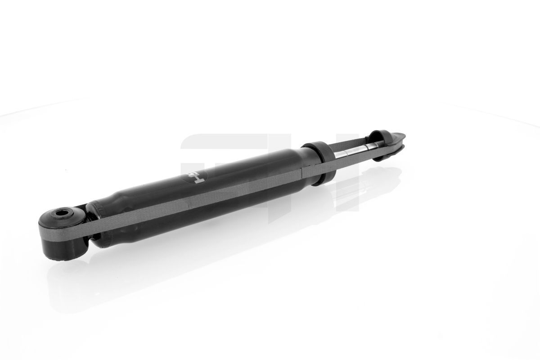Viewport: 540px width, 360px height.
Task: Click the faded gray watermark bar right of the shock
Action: [351, 189]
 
